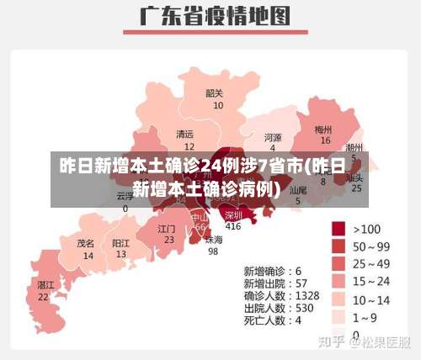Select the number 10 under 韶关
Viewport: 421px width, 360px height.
[x=218, y=106]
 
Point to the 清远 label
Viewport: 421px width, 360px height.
[x=184, y=135]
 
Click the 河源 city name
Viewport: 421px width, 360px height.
[x=273, y=137]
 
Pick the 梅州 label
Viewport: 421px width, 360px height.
[x=323, y=130]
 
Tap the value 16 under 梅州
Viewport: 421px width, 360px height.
[x=325, y=140]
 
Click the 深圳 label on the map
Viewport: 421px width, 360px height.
[x=233, y=215]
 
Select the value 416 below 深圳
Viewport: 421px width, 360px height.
[x=233, y=226]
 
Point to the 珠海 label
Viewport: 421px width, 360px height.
[x=214, y=239]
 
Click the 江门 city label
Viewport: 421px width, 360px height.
[x=167, y=228]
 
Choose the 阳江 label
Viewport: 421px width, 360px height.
[x=121, y=242]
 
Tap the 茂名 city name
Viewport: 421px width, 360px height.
[x=86, y=242]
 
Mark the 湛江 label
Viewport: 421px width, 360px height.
[x=45, y=285]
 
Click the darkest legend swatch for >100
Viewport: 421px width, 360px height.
[x=339, y=229]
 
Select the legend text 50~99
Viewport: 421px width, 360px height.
[x=371, y=246]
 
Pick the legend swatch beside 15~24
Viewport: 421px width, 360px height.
[x=339, y=281]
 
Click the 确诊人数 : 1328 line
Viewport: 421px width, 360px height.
[x=281, y=296]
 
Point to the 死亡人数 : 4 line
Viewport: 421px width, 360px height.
[x=273, y=320]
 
